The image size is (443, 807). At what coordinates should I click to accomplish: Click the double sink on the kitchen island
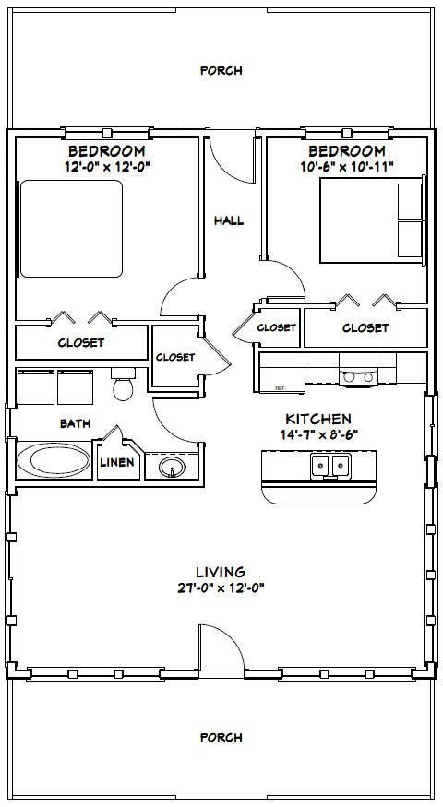click(x=329, y=466)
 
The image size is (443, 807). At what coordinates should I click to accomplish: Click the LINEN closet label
click(x=118, y=462)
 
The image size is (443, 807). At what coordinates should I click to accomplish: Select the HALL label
click(x=229, y=220)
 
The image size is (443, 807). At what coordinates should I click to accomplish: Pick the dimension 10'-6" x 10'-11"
click(x=347, y=166)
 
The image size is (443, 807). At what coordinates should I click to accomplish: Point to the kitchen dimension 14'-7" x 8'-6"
click(x=319, y=433)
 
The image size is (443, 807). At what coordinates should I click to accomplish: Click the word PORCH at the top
click(x=221, y=70)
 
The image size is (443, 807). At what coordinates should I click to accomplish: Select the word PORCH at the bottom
click(x=221, y=737)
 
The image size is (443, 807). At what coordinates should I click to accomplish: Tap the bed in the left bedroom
click(x=71, y=228)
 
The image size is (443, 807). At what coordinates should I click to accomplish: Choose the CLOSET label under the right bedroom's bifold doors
click(x=365, y=327)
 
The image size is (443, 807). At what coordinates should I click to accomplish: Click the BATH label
click(x=75, y=424)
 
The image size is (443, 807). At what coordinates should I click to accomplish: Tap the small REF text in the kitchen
click(x=280, y=388)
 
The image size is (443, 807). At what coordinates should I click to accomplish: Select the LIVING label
click(x=220, y=572)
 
